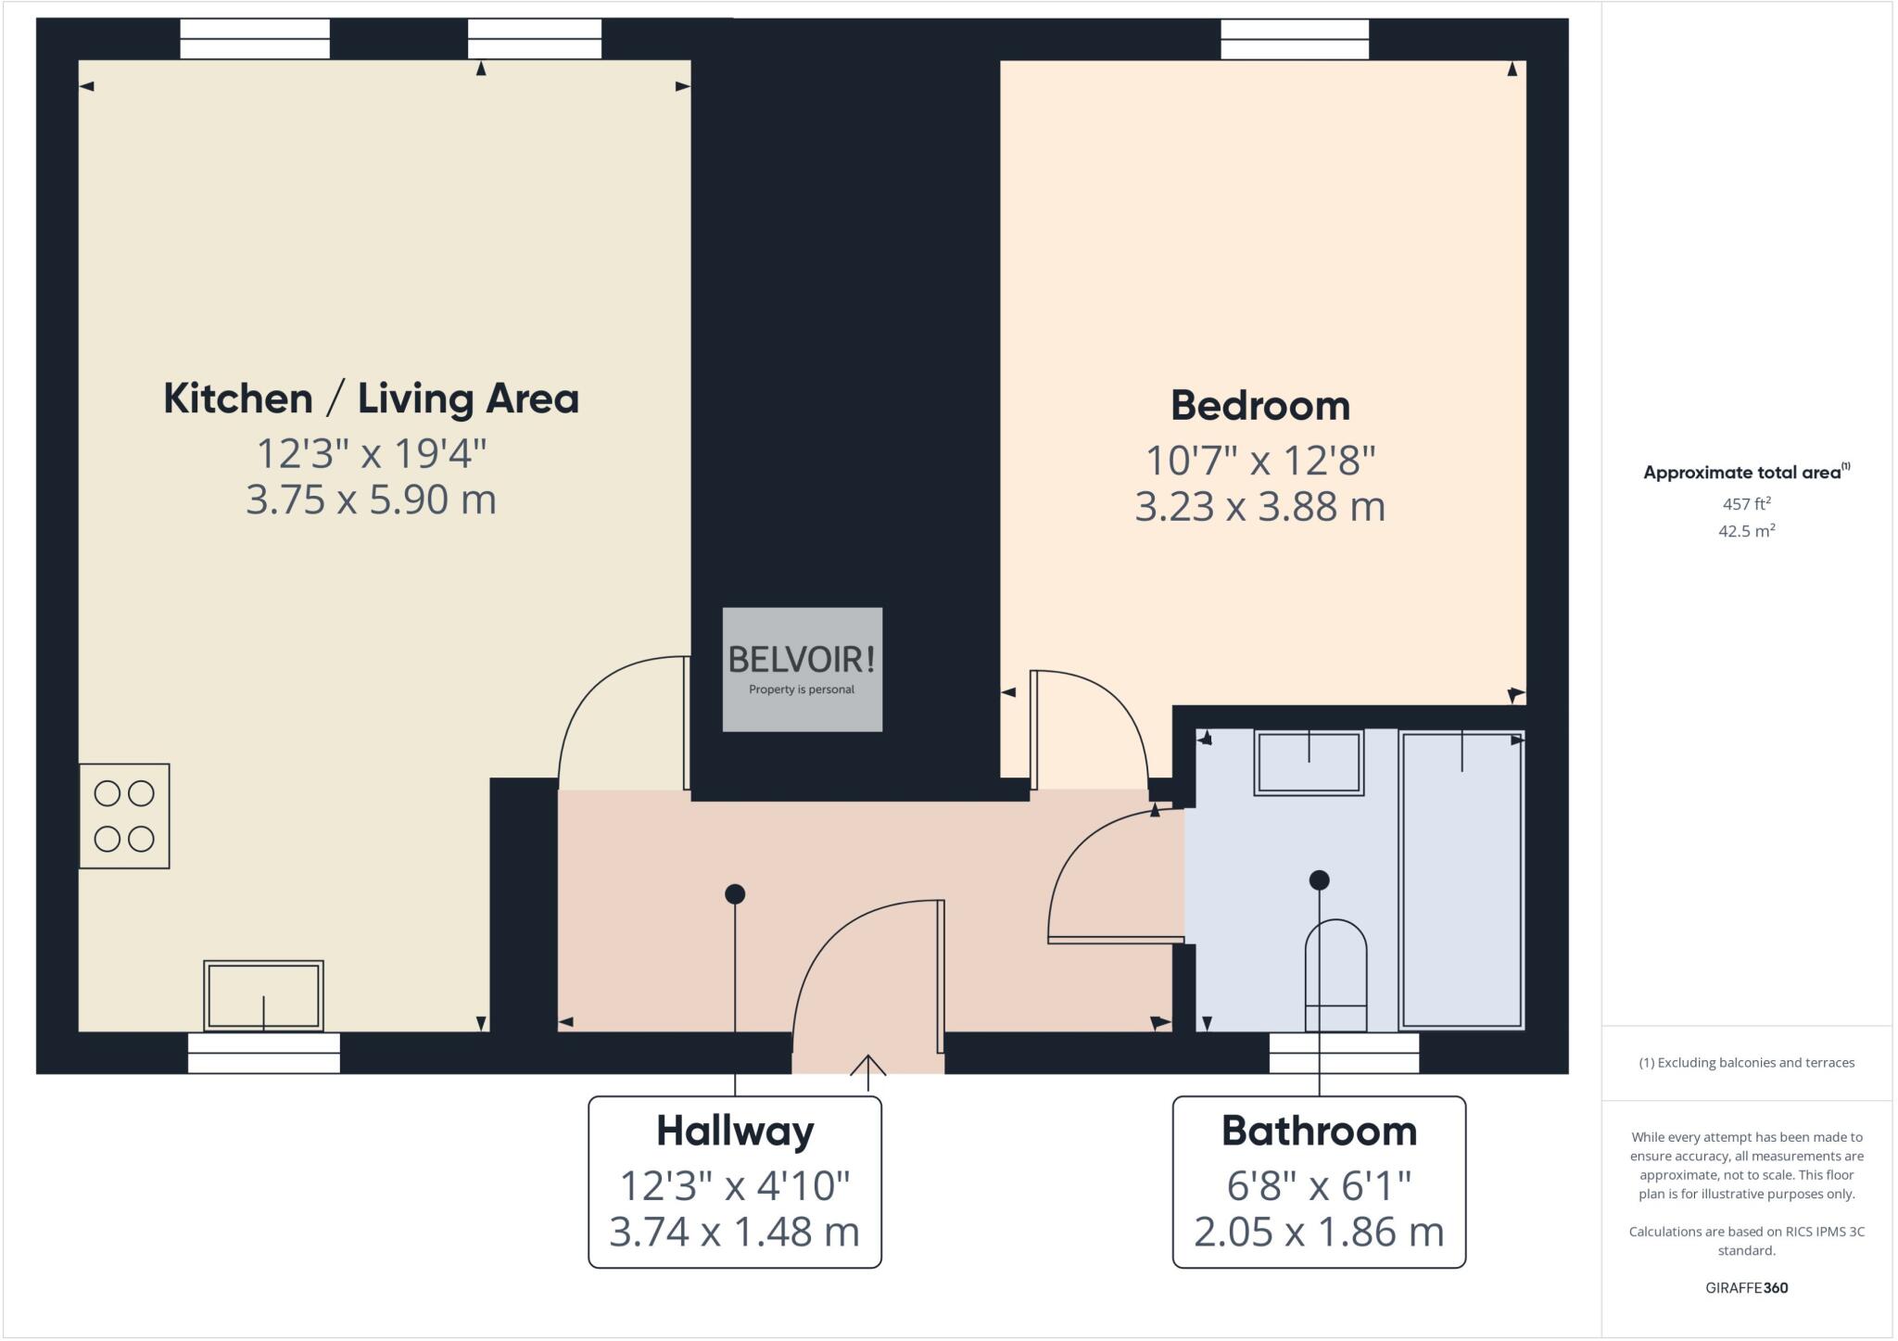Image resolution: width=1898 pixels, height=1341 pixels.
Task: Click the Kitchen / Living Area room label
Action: pyautogui.click(x=371, y=399)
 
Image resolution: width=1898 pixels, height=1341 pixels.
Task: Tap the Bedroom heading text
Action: pyautogui.click(x=1259, y=406)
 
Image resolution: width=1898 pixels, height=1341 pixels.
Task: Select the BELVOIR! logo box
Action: pyautogui.click(x=802, y=669)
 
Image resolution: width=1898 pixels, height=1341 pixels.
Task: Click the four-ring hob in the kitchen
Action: pyautogui.click(x=124, y=816)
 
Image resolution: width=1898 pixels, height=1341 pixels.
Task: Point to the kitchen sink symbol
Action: pyautogui.click(x=263, y=995)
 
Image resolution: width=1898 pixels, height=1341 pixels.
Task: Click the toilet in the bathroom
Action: pyautogui.click(x=1335, y=975)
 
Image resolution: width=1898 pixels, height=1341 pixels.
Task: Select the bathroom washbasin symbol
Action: pyautogui.click(x=1309, y=762)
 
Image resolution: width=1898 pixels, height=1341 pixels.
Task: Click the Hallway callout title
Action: pyautogui.click(x=735, y=1131)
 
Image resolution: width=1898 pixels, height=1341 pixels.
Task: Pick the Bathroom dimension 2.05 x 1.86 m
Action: pyautogui.click(x=1319, y=1232)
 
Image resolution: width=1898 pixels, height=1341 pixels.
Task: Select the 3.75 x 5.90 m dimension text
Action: pyautogui.click(x=371, y=500)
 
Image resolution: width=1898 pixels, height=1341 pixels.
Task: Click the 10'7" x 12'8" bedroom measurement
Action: pyautogui.click(x=1259, y=460)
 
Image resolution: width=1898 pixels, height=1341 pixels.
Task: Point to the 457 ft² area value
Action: pyautogui.click(x=1746, y=504)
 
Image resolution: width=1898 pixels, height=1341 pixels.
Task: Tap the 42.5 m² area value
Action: pyautogui.click(x=1746, y=531)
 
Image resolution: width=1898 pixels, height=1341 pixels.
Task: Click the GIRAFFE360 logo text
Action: pyautogui.click(x=1746, y=1287)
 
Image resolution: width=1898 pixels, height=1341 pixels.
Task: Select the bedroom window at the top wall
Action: pyautogui.click(x=1294, y=40)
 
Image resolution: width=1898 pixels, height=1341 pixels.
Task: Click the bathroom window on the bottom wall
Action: pyautogui.click(x=1343, y=1053)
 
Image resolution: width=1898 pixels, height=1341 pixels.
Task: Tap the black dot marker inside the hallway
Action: pyautogui.click(x=735, y=894)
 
